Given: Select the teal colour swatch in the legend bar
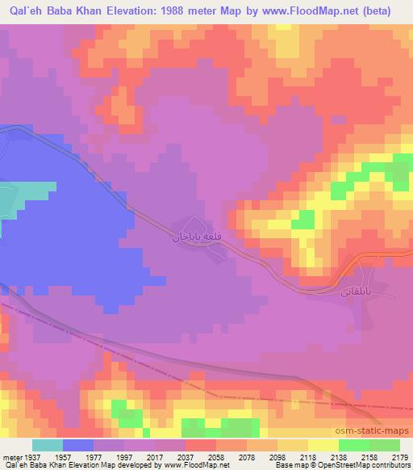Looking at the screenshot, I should coord(48,445).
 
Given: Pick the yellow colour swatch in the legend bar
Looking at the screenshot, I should coord(323,445).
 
